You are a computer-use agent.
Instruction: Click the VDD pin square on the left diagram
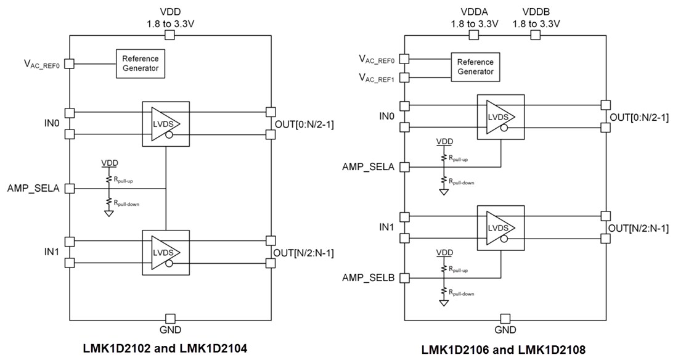(x=170, y=36)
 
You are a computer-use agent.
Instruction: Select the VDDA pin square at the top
(x=473, y=36)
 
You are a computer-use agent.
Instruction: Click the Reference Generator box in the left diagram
(x=140, y=63)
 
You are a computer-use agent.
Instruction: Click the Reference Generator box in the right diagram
(x=475, y=67)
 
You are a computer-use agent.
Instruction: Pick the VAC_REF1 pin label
(x=377, y=78)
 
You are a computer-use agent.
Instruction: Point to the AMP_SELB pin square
(x=404, y=277)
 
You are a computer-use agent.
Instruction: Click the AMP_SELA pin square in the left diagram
(x=70, y=188)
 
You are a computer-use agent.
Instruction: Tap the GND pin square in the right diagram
(x=505, y=318)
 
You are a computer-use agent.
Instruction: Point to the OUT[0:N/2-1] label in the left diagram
(x=304, y=123)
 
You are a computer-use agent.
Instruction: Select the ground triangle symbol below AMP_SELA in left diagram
(x=108, y=213)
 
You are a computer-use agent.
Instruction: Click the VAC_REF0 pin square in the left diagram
(x=70, y=63)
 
